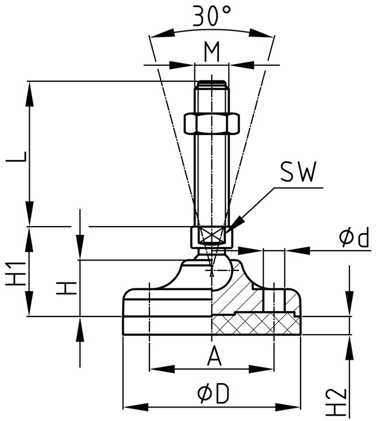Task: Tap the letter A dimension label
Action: [214, 357]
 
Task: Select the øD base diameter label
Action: [212, 395]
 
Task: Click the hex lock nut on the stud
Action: [212, 123]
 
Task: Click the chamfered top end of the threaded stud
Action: [212, 84]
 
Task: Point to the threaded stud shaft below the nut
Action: [212, 175]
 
